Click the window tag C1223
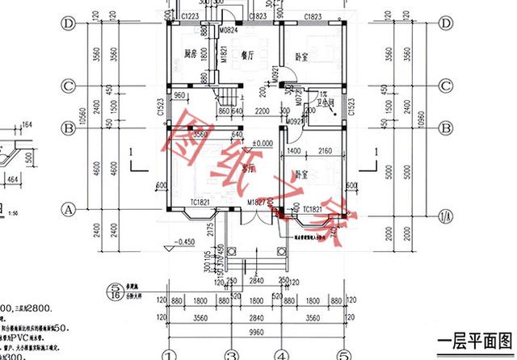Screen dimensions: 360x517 [191, 15]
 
